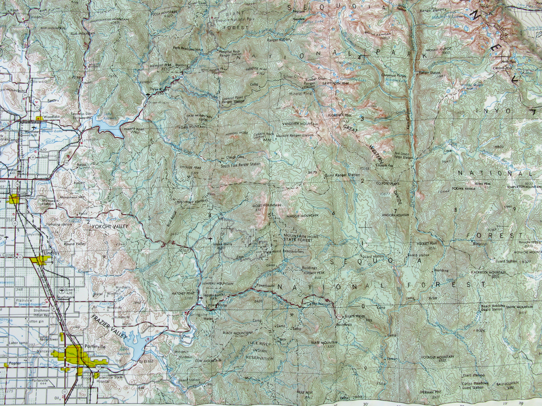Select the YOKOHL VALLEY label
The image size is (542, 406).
pyautogui.click(x=110, y=226)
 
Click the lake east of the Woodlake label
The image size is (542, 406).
pyautogui.click(x=108, y=125)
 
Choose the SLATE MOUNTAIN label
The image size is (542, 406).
pyautogui.click(x=324, y=342)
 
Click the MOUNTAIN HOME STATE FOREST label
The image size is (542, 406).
pyautogui.click(x=298, y=239)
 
